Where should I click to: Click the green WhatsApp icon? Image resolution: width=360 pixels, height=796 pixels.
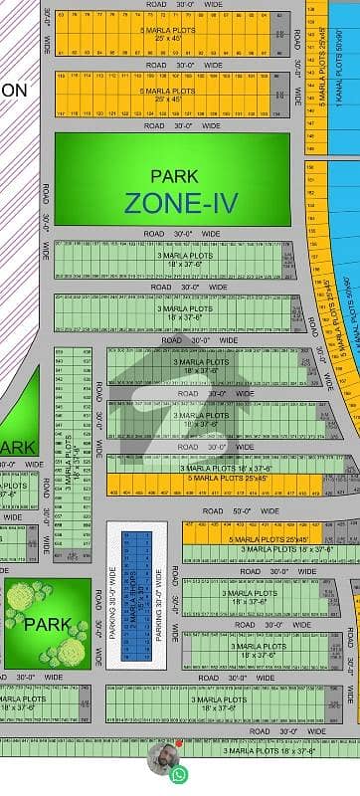pos(179,773)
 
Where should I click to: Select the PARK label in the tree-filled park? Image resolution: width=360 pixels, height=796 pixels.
pos(48,625)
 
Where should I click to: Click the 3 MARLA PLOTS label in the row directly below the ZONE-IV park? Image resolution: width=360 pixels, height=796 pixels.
pos(185,256)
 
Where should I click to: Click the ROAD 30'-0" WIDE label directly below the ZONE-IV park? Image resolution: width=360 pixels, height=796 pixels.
pos(179,233)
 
